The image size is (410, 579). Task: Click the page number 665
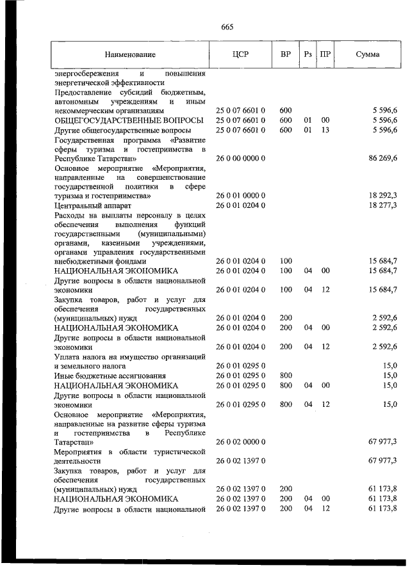click(x=227, y=27)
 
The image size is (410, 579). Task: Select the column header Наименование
click(x=131, y=54)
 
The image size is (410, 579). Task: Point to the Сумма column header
click(x=367, y=54)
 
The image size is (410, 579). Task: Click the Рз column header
click(x=307, y=54)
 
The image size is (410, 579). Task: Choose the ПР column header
click(x=325, y=54)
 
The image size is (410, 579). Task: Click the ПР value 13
click(x=325, y=130)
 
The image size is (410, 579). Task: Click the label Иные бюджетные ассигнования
click(x=101, y=376)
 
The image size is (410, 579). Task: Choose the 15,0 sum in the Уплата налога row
click(x=389, y=365)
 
